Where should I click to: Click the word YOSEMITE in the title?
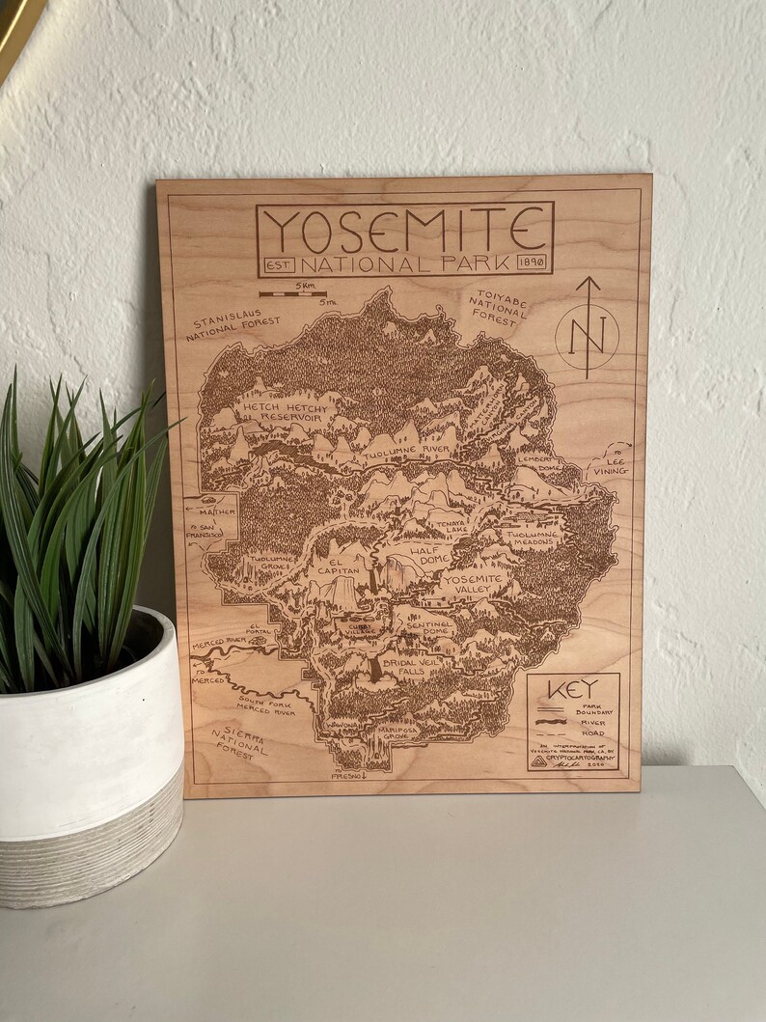[x=404, y=230]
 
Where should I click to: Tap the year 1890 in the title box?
[x=532, y=262]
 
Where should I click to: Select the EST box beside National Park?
[x=278, y=264]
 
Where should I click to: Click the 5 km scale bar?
[x=294, y=291]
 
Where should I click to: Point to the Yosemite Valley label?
[x=473, y=584]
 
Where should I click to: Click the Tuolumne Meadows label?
[x=530, y=537]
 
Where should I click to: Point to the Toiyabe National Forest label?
[x=497, y=306]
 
